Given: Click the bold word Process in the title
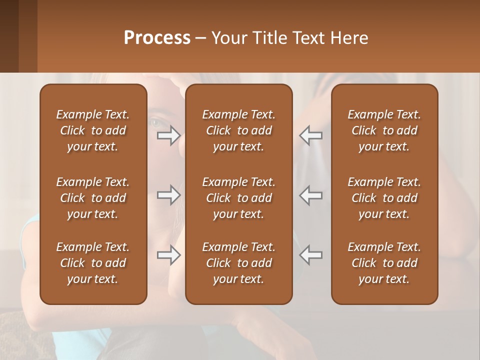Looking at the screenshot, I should click(x=157, y=38).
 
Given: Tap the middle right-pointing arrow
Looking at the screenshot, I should click(x=168, y=195).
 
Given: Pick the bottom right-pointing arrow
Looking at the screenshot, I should click(x=168, y=255).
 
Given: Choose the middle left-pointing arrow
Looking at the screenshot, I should click(x=310, y=195).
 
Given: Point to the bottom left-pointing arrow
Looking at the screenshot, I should click(x=310, y=255).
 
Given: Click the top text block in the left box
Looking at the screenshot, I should click(x=93, y=130).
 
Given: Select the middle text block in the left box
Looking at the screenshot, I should click(x=93, y=198).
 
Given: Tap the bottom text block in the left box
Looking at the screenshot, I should click(x=93, y=263).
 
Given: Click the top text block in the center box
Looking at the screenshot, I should click(x=238, y=130).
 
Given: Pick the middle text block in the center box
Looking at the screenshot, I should click(x=238, y=198).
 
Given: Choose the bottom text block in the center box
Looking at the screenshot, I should click(x=238, y=263).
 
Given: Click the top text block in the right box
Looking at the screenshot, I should click(x=384, y=130).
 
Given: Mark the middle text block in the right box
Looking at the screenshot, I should click(x=384, y=198).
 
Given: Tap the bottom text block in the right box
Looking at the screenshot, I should click(x=384, y=263).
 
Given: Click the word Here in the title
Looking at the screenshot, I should click(x=349, y=38).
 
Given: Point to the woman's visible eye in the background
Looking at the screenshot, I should click(x=155, y=121).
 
